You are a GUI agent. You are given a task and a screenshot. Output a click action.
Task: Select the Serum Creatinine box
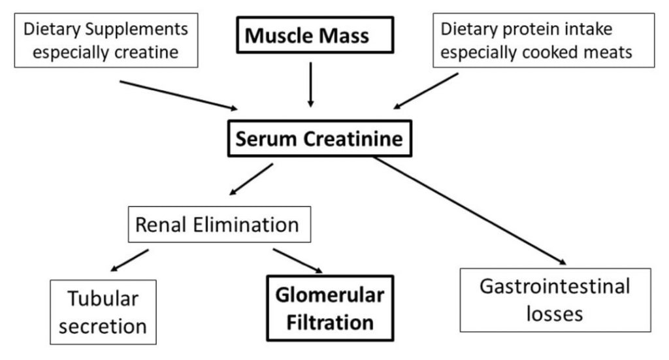click(319, 139)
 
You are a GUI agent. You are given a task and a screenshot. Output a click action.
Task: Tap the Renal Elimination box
click(217, 225)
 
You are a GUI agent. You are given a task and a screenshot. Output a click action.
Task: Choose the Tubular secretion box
click(103, 312)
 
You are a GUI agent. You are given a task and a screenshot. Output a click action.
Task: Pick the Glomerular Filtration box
click(329, 309)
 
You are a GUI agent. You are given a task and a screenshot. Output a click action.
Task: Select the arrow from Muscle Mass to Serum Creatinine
click(311, 84)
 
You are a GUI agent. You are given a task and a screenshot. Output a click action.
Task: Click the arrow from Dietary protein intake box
click(425, 90)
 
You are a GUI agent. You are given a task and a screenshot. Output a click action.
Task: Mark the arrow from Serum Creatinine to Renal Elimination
click(251, 179)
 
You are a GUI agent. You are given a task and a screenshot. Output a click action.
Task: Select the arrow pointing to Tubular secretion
click(130, 260)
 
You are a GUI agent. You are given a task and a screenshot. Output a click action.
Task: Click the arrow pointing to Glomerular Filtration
click(298, 260)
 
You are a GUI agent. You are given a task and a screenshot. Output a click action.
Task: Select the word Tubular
click(103, 299)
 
